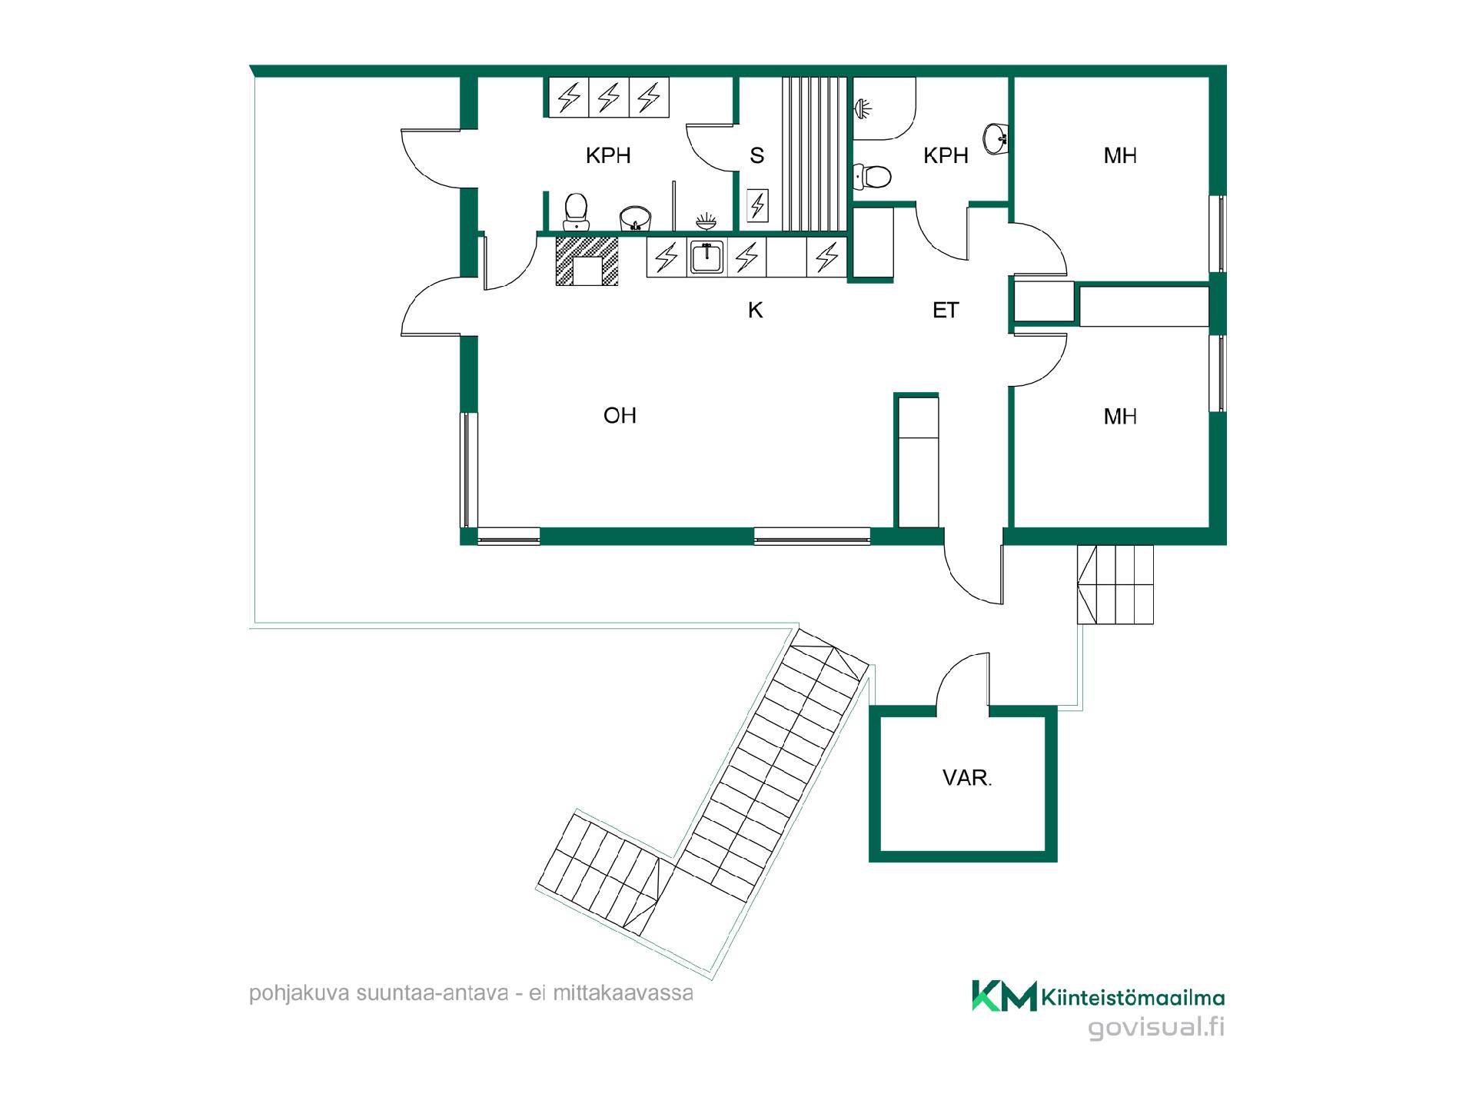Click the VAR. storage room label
[x=967, y=778]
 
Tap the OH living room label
[x=620, y=416]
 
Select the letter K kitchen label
[x=756, y=310]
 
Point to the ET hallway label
[x=946, y=310]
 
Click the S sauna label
[x=757, y=156]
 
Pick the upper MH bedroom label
[x=1120, y=156]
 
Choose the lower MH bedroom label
[x=1120, y=417]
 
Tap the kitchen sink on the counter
[x=706, y=257]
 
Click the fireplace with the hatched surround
[x=587, y=261]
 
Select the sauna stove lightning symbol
[x=758, y=205]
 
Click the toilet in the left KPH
[x=576, y=212]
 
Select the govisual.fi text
[x=1156, y=1029]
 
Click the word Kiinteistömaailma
[x=1133, y=998]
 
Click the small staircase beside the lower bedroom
[x=1115, y=584]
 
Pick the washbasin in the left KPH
[x=635, y=218]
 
